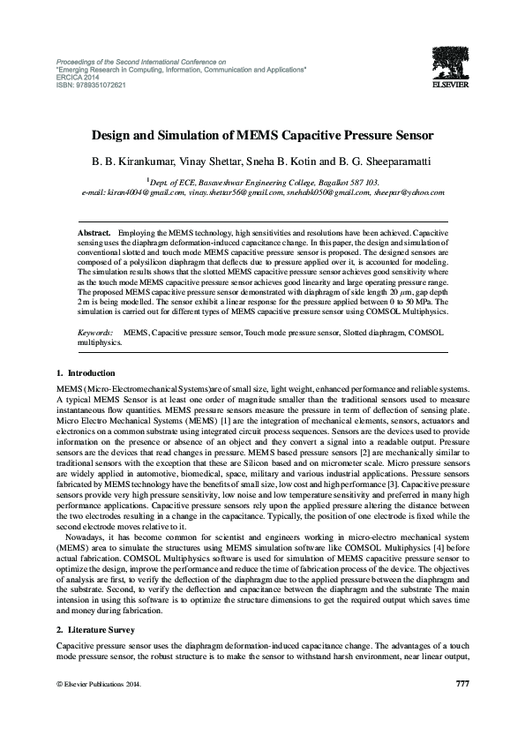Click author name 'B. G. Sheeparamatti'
point(364,162)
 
